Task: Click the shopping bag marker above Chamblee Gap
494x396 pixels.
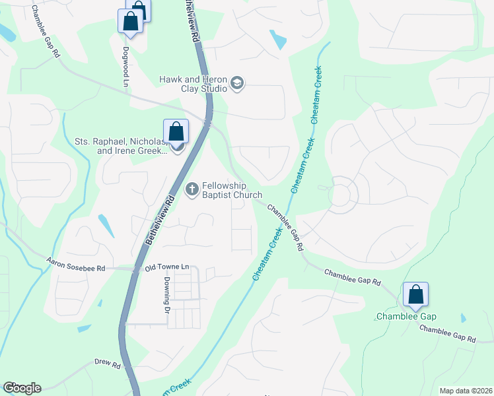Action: pos(415,295)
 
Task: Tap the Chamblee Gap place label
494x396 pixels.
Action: pos(406,317)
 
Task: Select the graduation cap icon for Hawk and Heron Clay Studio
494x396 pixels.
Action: pos(237,84)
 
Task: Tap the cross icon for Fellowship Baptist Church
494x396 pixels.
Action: pos(192,189)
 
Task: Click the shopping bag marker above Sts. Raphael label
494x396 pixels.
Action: pos(176,131)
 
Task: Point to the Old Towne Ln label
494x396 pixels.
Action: pos(167,267)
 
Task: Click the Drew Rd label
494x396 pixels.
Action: pos(107,364)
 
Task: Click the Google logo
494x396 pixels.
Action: pos(22,388)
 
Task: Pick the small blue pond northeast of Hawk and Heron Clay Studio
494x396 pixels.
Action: pos(278,40)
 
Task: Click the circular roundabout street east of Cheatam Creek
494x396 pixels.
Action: pos(341,194)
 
